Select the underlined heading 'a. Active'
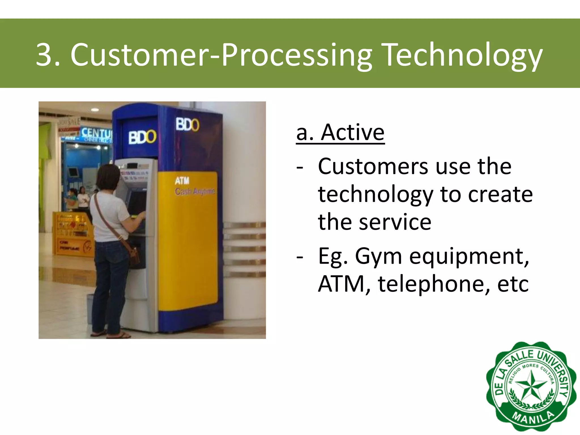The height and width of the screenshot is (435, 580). pyautogui.click(x=340, y=133)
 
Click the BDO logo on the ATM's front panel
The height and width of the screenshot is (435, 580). pyautogui.click(x=142, y=137)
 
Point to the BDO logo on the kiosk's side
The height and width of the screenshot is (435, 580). pyautogui.click(x=187, y=124)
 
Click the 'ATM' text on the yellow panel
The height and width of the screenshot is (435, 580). pyautogui.click(x=182, y=181)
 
